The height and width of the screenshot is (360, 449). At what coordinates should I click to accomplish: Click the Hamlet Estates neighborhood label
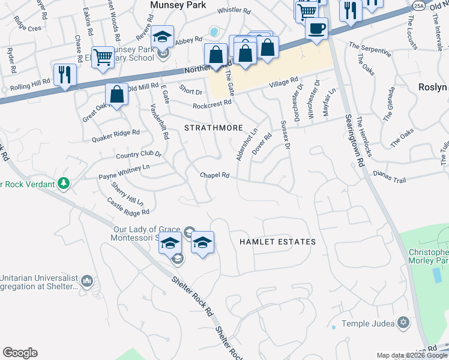pyautogui.click(x=277, y=242)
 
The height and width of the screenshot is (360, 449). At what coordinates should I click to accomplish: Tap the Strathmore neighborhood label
pyautogui.click(x=213, y=128)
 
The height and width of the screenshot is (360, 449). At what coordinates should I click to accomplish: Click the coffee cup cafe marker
pyautogui.click(x=316, y=28)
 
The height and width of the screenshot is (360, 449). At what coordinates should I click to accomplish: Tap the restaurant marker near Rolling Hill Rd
pyautogui.click(x=65, y=74)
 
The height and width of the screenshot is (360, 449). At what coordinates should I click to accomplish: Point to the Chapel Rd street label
pyautogui.click(x=215, y=175)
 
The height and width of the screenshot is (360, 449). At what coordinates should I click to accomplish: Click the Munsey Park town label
pyautogui.click(x=178, y=5)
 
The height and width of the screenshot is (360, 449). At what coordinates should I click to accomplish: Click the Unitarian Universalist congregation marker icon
pyautogui.click(x=88, y=280)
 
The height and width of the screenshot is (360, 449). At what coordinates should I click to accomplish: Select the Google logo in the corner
pyautogui.click(x=20, y=353)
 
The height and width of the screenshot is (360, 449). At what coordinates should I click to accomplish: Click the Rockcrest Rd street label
pyautogui.click(x=212, y=105)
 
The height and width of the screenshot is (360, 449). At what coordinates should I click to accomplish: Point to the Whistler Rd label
pyautogui.click(x=234, y=10)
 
